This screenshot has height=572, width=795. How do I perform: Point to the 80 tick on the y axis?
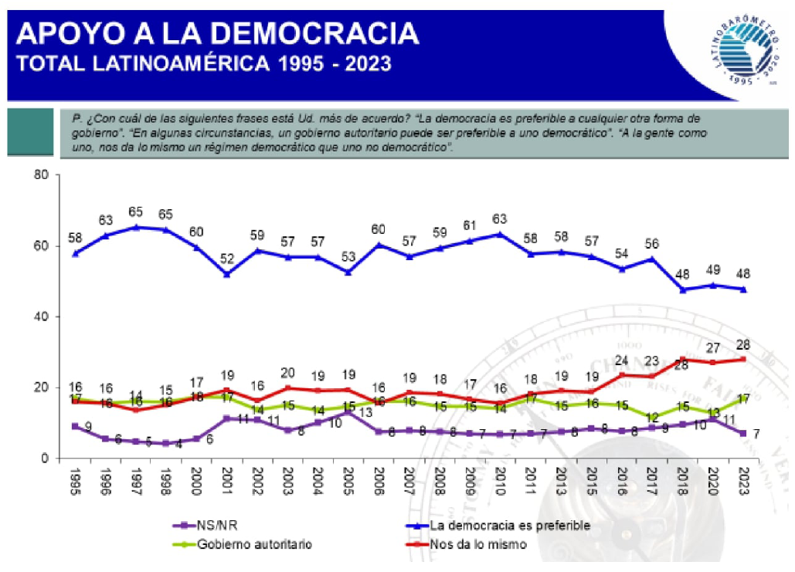(x=42, y=175)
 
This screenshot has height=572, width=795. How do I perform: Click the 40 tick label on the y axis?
(x=42, y=316)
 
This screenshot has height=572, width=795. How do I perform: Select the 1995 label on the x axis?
(x=74, y=480)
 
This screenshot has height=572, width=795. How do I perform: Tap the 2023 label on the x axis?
(x=744, y=480)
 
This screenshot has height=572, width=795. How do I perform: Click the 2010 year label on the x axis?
(x=500, y=480)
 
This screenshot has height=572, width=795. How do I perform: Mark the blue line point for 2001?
(x=226, y=274)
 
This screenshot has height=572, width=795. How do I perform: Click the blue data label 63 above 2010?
(x=500, y=218)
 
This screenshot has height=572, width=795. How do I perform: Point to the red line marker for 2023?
(x=744, y=359)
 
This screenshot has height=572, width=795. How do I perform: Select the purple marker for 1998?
(x=165, y=443)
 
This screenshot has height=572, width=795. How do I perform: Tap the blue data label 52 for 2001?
(x=226, y=259)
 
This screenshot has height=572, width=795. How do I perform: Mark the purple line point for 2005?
(x=348, y=412)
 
